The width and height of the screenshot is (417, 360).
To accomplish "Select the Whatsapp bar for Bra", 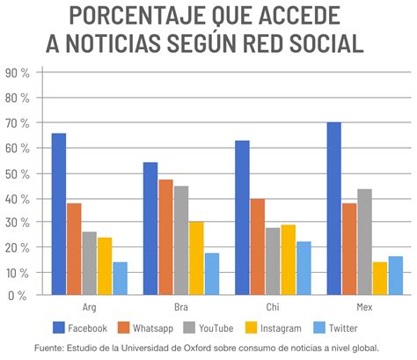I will pyautogui.click(x=165, y=237).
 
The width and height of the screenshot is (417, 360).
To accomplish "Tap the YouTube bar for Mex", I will pyautogui.click(x=363, y=242).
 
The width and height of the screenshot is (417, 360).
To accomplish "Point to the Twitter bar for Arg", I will pyautogui.click(x=120, y=278).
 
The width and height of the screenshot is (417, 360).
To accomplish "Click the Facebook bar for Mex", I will pyautogui.click(x=333, y=209).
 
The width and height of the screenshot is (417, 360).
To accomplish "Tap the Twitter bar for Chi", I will pyautogui.click(x=304, y=268).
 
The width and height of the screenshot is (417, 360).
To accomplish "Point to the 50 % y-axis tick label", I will pyautogui.click(x=18, y=173).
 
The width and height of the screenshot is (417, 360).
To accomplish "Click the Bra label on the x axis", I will pyautogui.click(x=181, y=308).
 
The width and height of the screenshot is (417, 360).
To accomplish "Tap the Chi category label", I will pyautogui.click(x=274, y=308).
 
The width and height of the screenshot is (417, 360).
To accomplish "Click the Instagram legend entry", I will pyautogui.click(x=274, y=327).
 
